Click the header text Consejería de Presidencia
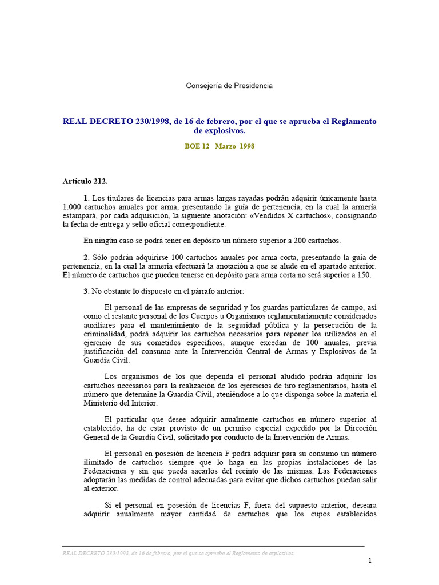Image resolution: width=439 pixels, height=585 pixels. pyautogui.click(x=229, y=86)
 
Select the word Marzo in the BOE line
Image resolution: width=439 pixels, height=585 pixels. pyautogui.click(x=225, y=146)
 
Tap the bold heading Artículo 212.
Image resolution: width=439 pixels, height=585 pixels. pyautogui.click(x=85, y=182)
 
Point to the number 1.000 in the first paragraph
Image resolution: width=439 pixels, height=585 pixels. pyautogui.click(x=73, y=207)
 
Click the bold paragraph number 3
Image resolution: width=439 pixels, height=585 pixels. pyautogui.click(x=85, y=291)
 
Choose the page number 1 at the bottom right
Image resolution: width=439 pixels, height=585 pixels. pyautogui.click(x=370, y=560)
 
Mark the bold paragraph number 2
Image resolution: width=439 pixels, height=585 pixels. pyautogui.click(x=85, y=257)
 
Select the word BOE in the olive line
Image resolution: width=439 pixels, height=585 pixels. pyautogui.click(x=193, y=146)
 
